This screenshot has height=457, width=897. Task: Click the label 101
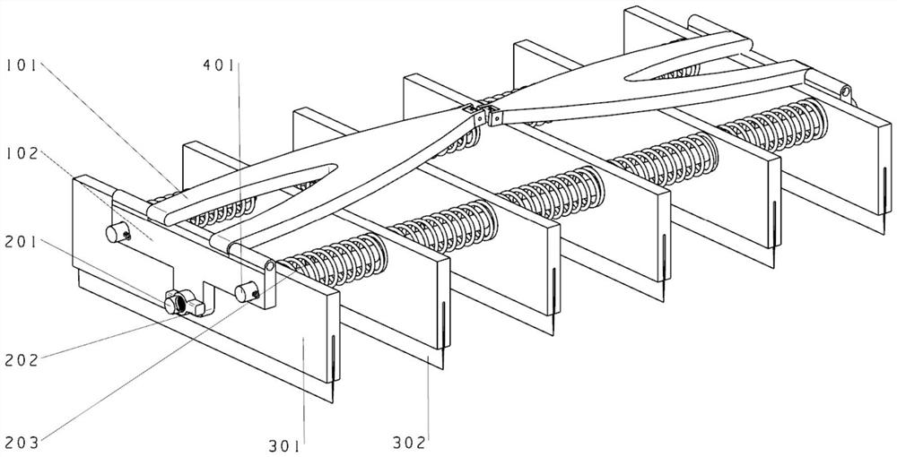tap(21, 65)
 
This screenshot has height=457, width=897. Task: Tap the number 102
tap(21, 153)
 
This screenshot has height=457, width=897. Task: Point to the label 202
tap(21, 360)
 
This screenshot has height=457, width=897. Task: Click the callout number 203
tap(21, 440)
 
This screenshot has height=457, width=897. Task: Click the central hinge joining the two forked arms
tap(481, 114)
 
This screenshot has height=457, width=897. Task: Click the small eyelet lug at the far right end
tap(844, 91)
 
